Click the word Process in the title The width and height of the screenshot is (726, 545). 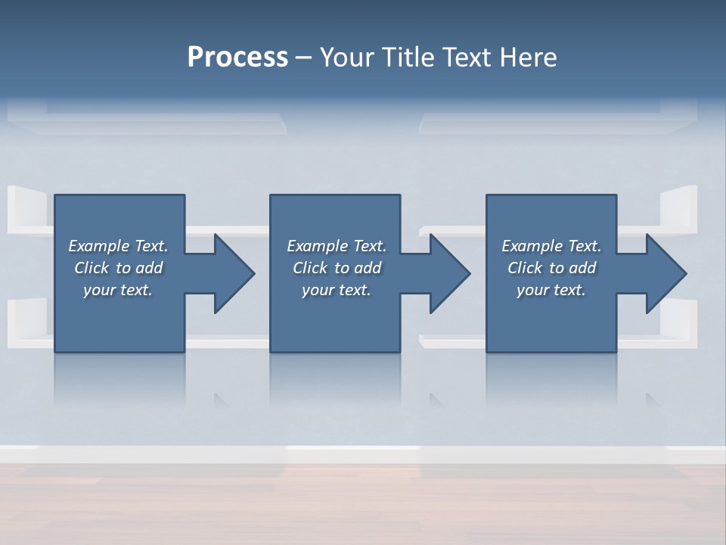pyautogui.click(x=237, y=58)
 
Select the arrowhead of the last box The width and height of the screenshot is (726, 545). pyautogui.click(x=665, y=273)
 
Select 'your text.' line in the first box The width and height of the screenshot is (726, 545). pyautogui.click(x=118, y=290)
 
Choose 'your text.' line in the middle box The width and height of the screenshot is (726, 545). pyautogui.click(x=337, y=290)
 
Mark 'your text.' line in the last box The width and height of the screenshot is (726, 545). pyautogui.click(x=551, y=290)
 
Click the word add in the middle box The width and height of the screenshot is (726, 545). pyautogui.click(x=368, y=268)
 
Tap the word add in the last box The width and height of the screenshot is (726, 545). pyautogui.click(x=582, y=268)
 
